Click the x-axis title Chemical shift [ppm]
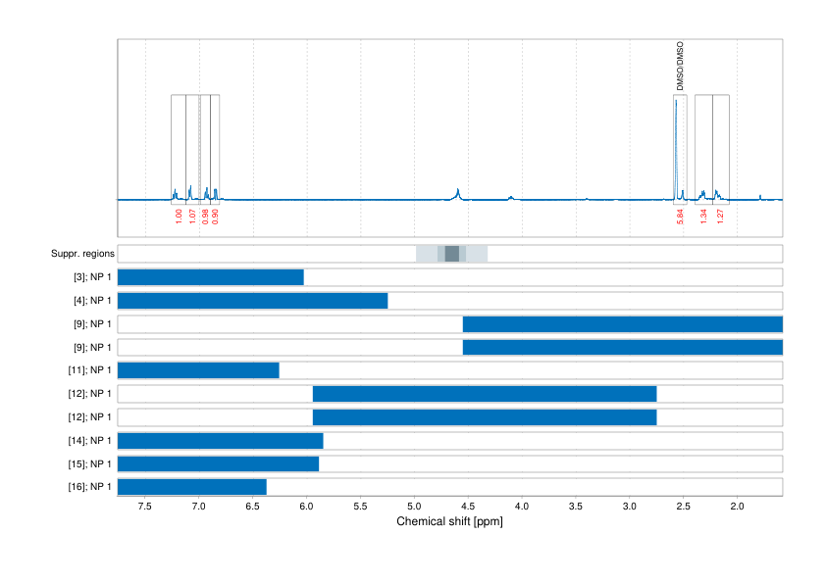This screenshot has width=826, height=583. pyautogui.click(x=449, y=521)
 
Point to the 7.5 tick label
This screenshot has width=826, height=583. pyautogui.click(x=145, y=506)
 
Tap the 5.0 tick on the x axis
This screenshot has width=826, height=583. pyautogui.click(x=415, y=506)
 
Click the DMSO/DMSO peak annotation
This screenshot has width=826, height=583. pyautogui.click(x=680, y=67)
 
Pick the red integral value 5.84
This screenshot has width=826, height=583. pyautogui.click(x=680, y=217)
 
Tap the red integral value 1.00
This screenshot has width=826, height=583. pyautogui.click(x=179, y=217)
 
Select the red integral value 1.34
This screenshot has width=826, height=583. pyautogui.click(x=703, y=217)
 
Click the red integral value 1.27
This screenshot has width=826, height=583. pyautogui.click(x=720, y=217)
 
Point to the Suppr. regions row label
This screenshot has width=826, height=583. pyautogui.click(x=82, y=254)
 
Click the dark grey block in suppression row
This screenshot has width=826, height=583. pyautogui.click(x=451, y=254)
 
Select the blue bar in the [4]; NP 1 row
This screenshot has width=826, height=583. pyautogui.click(x=252, y=301)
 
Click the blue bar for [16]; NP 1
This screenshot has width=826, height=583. pyautogui.click(x=192, y=487)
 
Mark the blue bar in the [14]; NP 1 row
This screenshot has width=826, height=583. pyautogui.click(x=220, y=440)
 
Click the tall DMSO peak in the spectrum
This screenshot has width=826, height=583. pyautogui.click(x=676, y=147)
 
